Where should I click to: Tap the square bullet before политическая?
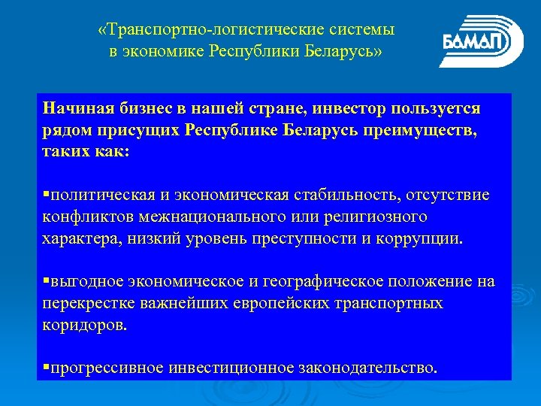[46, 195]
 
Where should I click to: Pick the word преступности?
[312, 239]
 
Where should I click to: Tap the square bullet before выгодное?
[46, 281]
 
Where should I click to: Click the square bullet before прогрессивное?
[46, 368]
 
